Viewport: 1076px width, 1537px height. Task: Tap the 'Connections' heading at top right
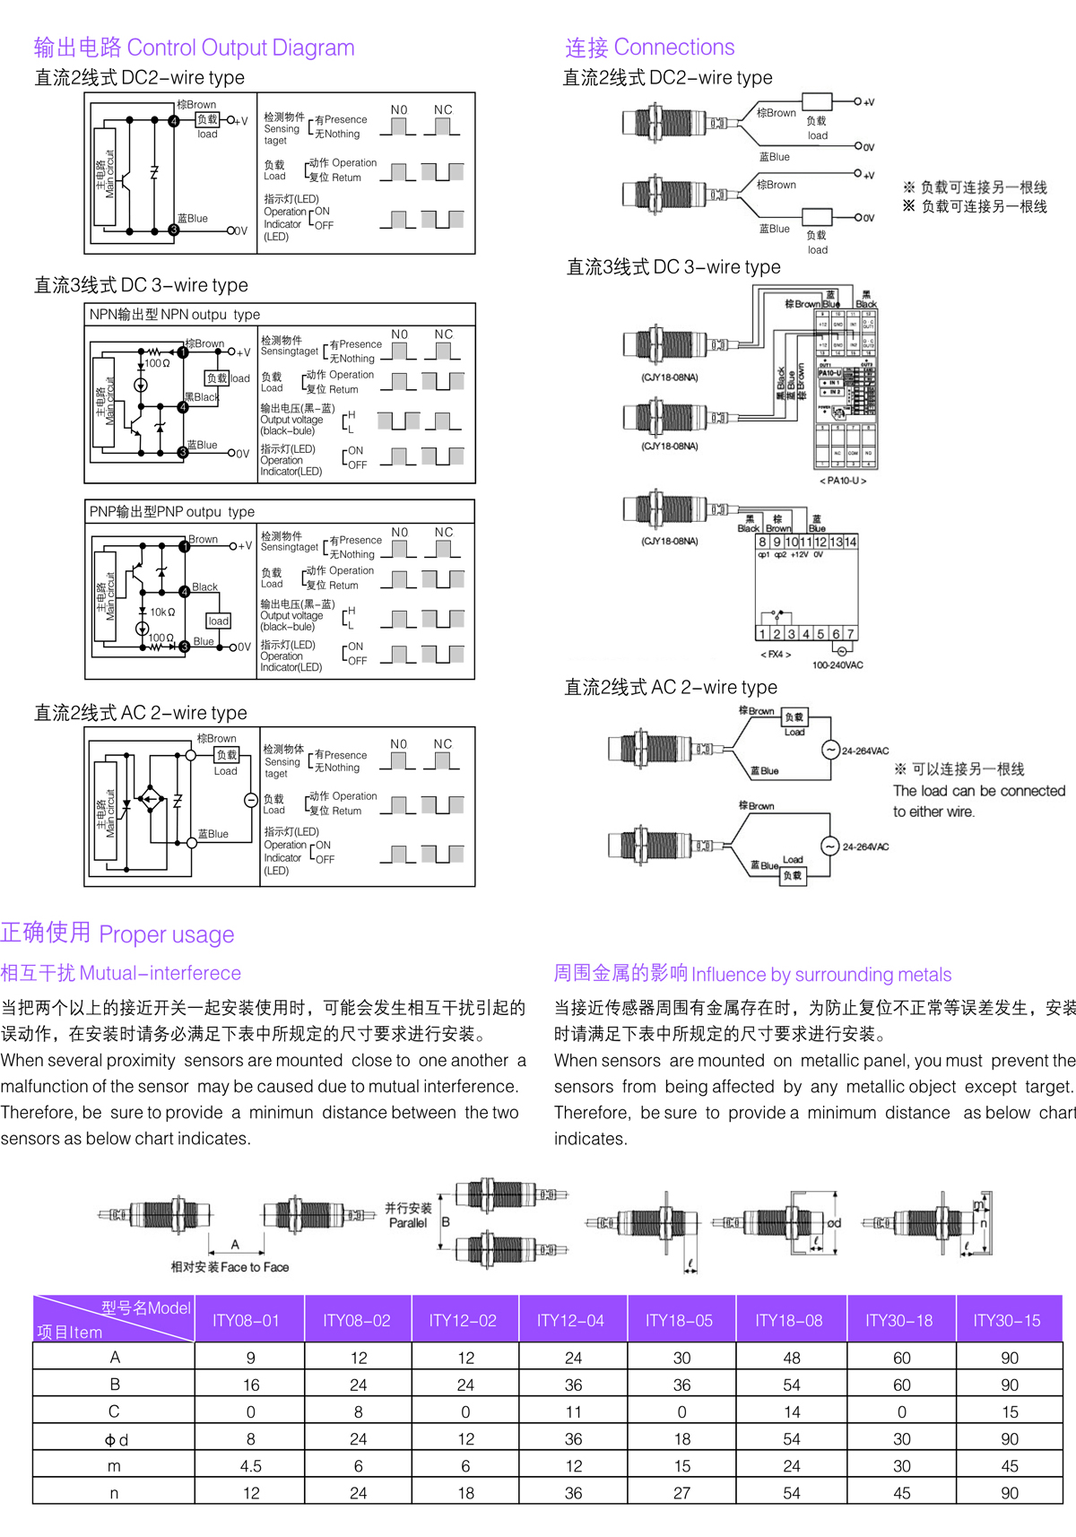[674, 48]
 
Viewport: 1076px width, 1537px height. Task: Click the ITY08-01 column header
[246, 1320]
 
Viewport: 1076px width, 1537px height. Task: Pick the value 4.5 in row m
[251, 1466]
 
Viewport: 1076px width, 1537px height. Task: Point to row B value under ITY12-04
[573, 1385]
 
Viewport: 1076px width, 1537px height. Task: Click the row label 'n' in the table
[114, 1493]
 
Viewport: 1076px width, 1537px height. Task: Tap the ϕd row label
[116, 1439]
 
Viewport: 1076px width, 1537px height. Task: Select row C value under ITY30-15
[1010, 1412]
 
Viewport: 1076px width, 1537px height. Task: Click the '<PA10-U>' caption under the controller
[843, 481]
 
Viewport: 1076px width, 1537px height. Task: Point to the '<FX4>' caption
[776, 655]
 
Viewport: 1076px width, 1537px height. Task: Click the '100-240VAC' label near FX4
[837, 665]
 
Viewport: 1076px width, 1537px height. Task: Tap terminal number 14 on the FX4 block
[850, 542]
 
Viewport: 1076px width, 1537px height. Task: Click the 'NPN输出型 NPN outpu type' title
[175, 315]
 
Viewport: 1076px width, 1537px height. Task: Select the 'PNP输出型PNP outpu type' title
[172, 512]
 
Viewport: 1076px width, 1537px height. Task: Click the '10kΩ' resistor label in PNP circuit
[162, 612]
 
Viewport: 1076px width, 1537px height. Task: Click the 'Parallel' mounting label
[408, 1223]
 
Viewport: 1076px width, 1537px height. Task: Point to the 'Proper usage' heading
[167, 934]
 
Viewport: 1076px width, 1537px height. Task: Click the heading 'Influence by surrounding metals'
[821, 975]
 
